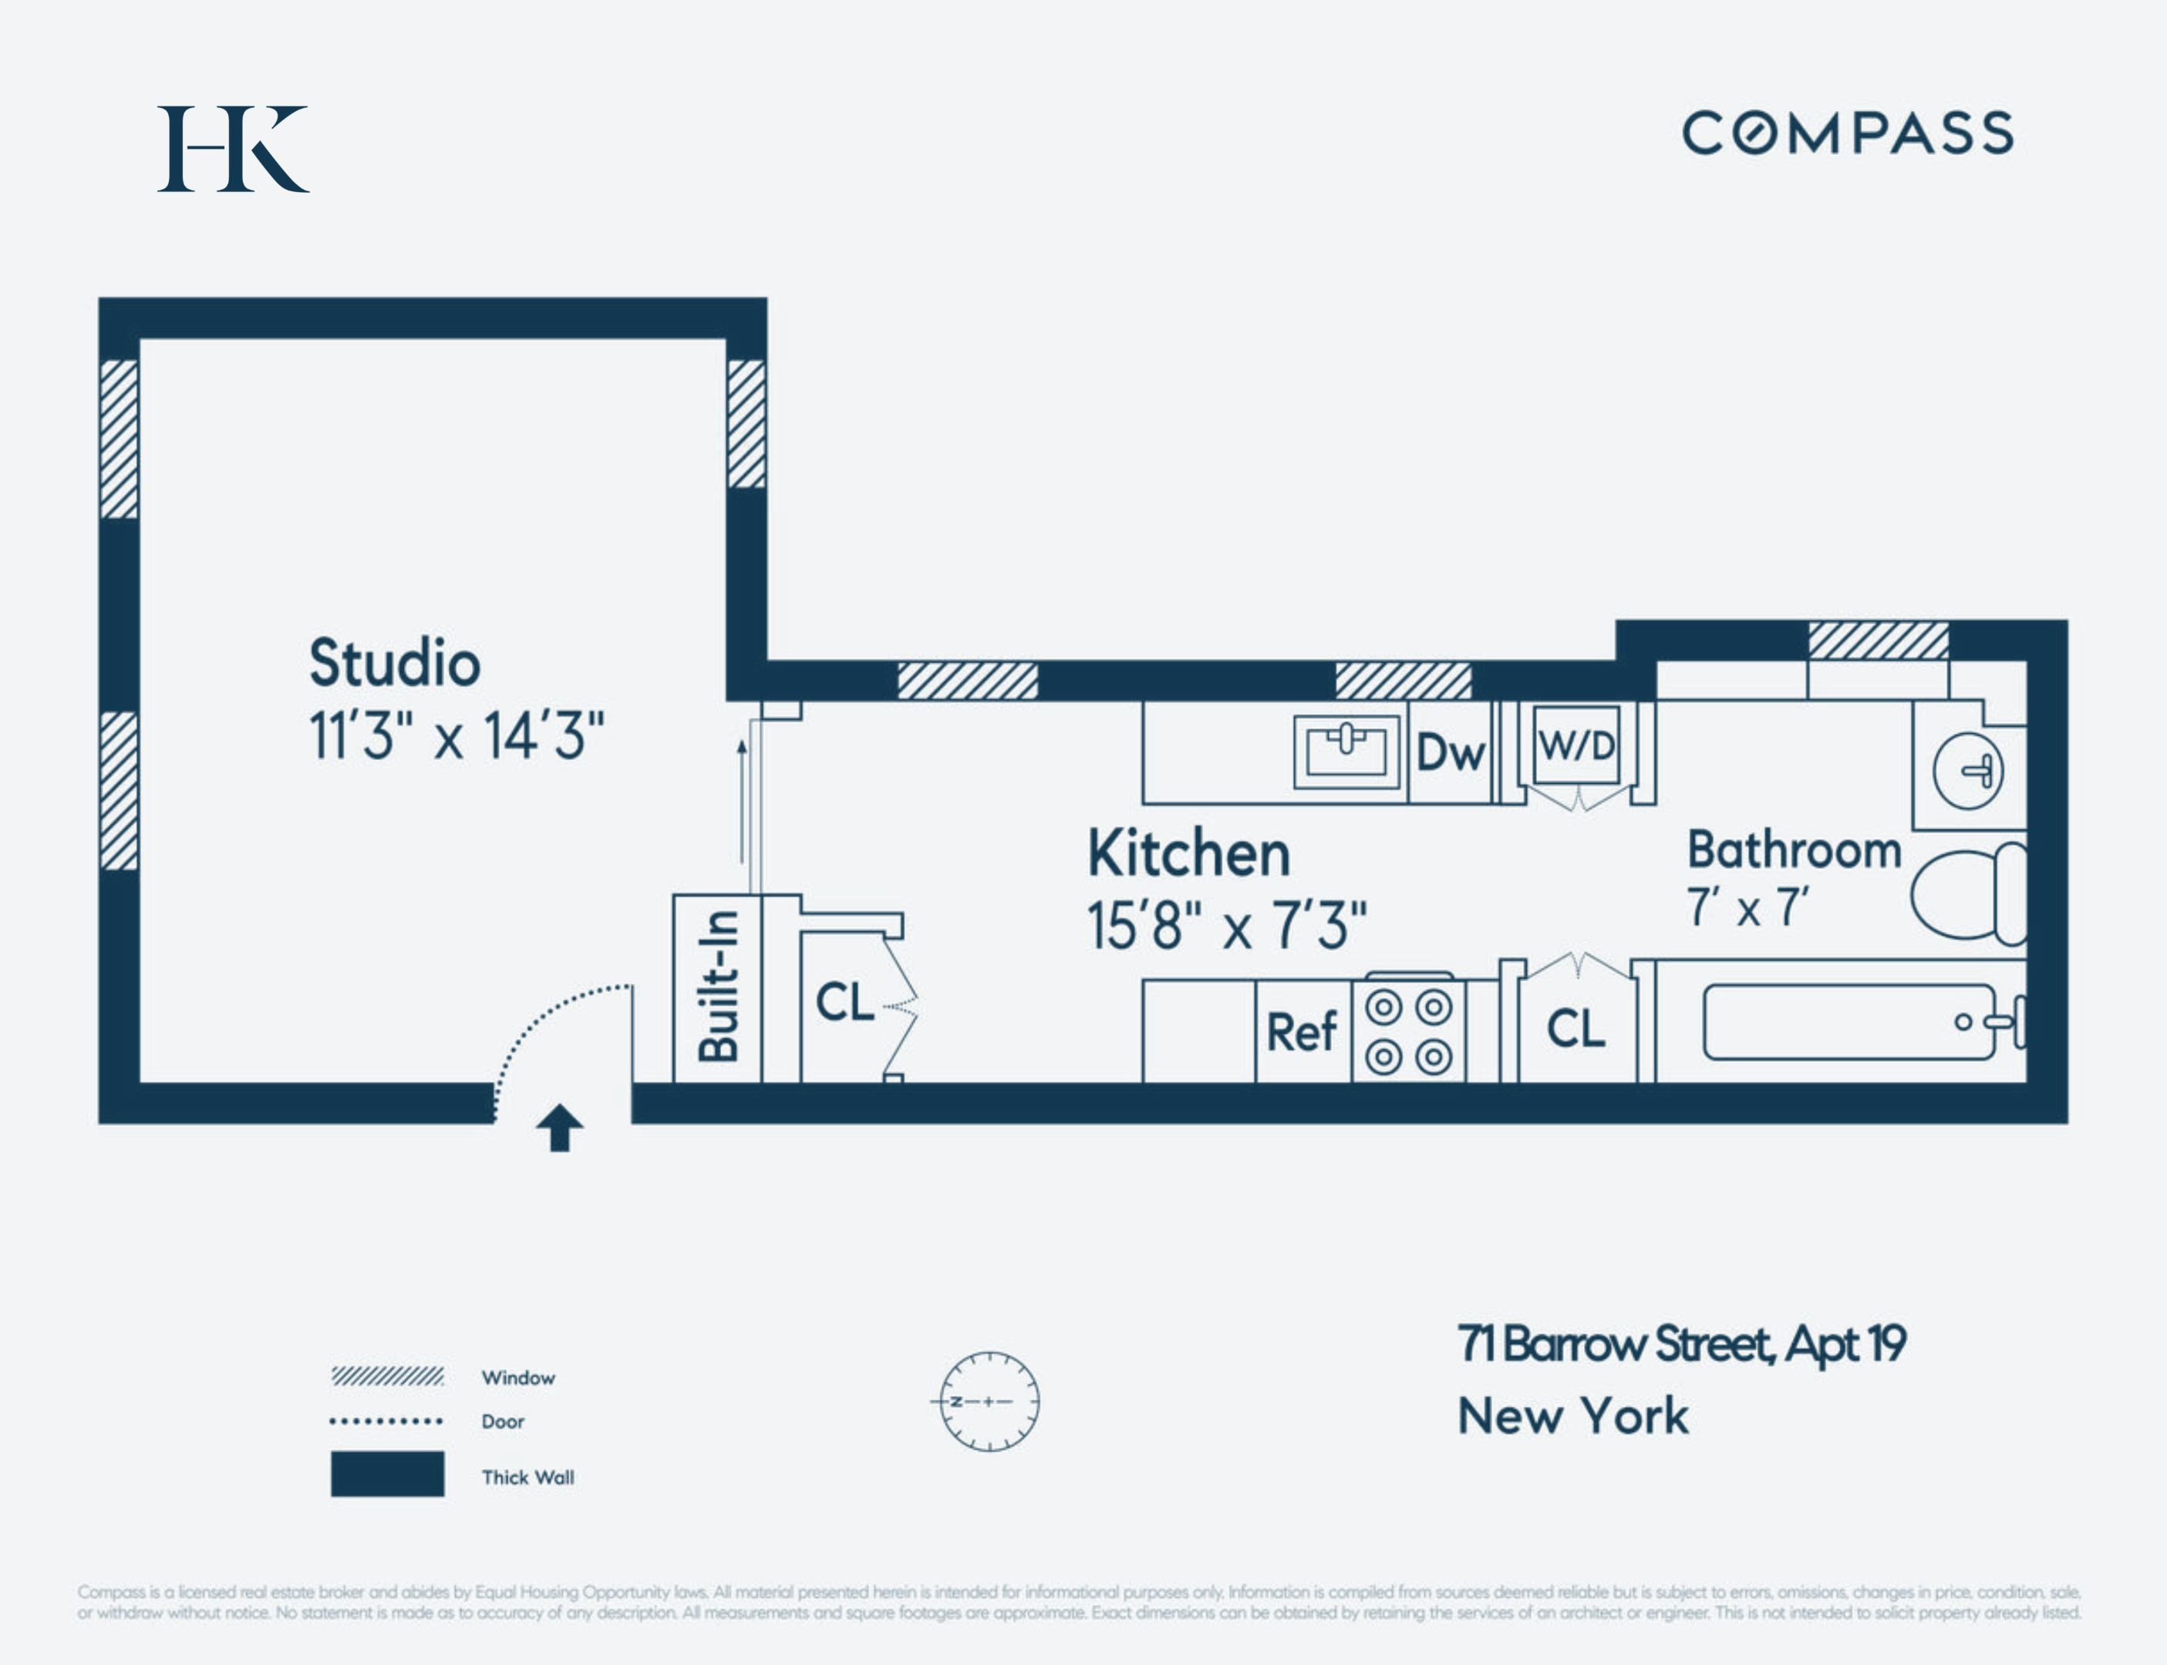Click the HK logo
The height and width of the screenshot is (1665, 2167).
[x=233, y=149]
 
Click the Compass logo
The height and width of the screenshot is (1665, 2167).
[x=1848, y=133]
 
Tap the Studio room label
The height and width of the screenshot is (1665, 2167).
[x=395, y=662]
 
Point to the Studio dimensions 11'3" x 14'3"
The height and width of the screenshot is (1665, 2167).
[x=456, y=735]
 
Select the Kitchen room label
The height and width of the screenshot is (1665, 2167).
[x=1188, y=853]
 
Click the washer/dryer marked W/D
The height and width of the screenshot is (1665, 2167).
[x=1576, y=745]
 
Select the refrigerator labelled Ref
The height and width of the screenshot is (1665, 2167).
[x=1302, y=1031]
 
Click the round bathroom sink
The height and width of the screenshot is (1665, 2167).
[x=1968, y=770]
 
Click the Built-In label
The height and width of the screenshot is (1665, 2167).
[x=719, y=986]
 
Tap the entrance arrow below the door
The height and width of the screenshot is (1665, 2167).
[x=559, y=1128]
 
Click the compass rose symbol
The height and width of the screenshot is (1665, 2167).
[x=989, y=1401]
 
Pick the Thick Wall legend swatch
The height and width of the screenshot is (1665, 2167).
[x=386, y=1474]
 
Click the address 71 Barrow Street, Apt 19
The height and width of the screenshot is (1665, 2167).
[x=1681, y=1345]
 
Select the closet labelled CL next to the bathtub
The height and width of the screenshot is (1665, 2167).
[x=1576, y=1029]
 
